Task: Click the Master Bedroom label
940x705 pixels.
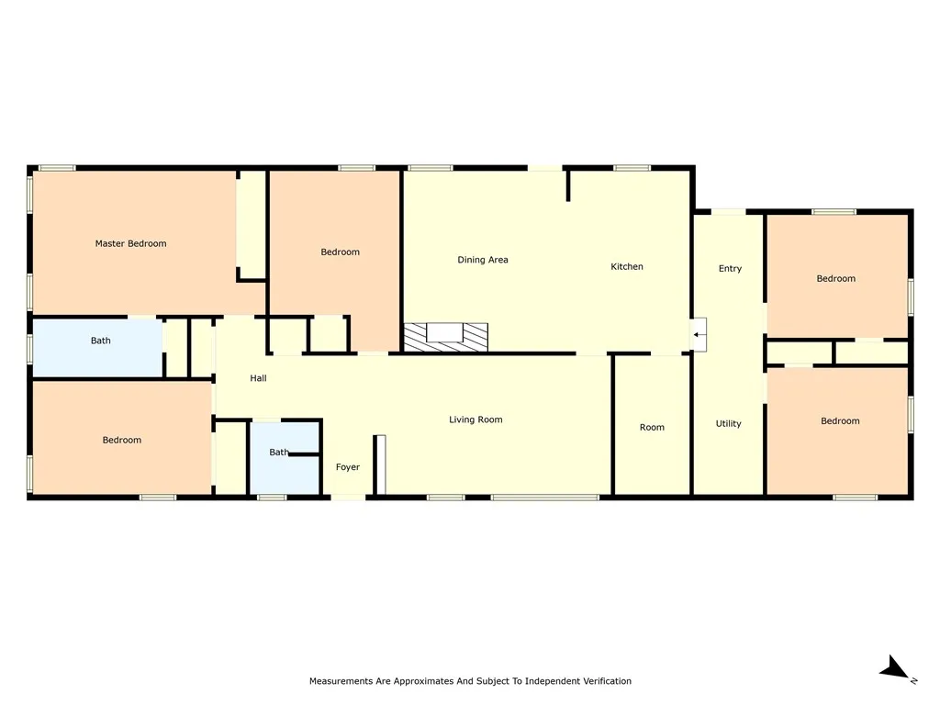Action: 130,243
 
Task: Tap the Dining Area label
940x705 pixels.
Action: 483,260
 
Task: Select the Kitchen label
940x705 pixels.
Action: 626,267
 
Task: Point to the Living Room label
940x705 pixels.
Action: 476,420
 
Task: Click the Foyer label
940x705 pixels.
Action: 348,467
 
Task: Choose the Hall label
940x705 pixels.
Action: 258,378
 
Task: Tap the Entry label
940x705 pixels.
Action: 730,269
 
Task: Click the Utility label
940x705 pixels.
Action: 728,424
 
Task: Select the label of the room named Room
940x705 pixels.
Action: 652,428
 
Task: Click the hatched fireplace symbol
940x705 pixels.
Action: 445,337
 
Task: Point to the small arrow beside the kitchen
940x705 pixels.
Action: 699,334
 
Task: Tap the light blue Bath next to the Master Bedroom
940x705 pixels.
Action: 97,348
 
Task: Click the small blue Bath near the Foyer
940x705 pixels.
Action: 285,459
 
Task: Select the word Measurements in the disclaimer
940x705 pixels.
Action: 341,681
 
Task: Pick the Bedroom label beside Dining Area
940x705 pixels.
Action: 340,252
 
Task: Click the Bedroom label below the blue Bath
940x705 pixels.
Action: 122,440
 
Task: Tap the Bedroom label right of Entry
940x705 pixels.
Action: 835,279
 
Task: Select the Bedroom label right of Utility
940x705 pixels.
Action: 840,421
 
